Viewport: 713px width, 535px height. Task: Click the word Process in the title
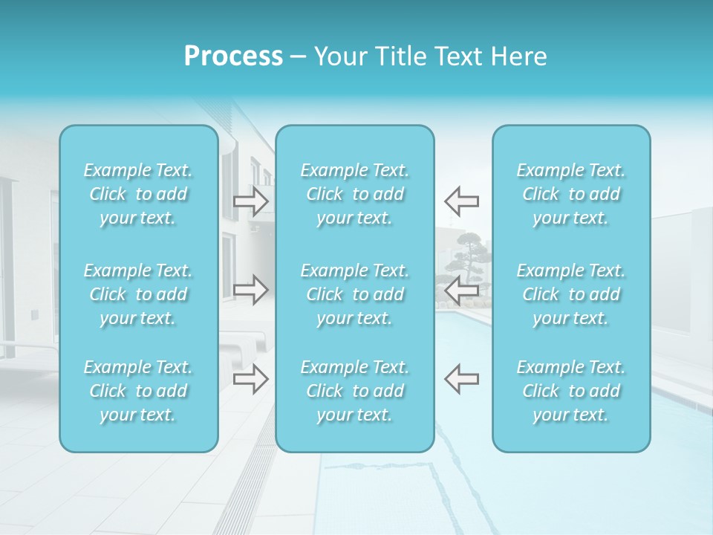pyautogui.click(x=233, y=56)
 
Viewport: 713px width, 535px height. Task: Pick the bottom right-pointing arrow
pyautogui.click(x=250, y=379)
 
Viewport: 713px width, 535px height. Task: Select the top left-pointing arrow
pyautogui.click(x=461, y=201)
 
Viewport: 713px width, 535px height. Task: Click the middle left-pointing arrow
pyautogui.click(x=461, y=291)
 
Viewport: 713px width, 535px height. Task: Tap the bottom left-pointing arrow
pyautogui.click(x=461, y=378)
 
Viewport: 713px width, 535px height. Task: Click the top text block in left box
pyautogui.click(x=138, y=194)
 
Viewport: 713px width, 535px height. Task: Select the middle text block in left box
pyautogui.click(x=138, y=294)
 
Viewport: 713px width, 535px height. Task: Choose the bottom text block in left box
pyautogui.click(x=138, y=391)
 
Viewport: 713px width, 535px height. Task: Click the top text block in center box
pyautogui.click(x=355, y=194)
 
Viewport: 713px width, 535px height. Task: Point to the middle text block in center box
pyautogui.click(x=355, y=294)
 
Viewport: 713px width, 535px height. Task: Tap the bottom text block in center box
pyautogui.click(x=355, y=391)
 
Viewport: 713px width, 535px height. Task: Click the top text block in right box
pyautogui.click(x=571, y=194)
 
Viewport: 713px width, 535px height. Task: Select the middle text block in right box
pyautogui.click(x=571, y=294)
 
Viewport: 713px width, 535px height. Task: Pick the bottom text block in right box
pyautogui.click(x=571, y=391)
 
